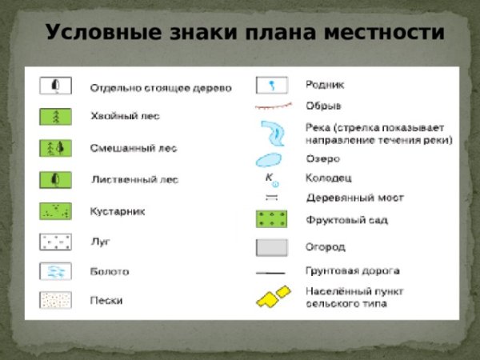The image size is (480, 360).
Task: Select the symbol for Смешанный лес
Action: (56, 148)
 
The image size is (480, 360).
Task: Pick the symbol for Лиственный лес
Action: (56, 179)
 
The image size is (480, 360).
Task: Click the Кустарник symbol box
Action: (56, 211)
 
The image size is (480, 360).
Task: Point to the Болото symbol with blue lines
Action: (56, 271)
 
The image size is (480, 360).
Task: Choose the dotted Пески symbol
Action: (56, 301)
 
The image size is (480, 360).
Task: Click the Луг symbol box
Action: (56, 241)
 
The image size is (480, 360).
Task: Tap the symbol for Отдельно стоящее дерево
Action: (56, 86)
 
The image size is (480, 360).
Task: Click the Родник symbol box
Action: (271, 84)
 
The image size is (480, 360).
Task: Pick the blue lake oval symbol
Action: (271, 158)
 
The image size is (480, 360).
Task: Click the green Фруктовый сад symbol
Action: (271, 218)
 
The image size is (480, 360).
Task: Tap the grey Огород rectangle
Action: (271, 247)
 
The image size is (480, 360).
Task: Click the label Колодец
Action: (328, 178)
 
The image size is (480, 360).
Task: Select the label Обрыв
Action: (323, 106)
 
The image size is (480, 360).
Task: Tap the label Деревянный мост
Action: (354, 197)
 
